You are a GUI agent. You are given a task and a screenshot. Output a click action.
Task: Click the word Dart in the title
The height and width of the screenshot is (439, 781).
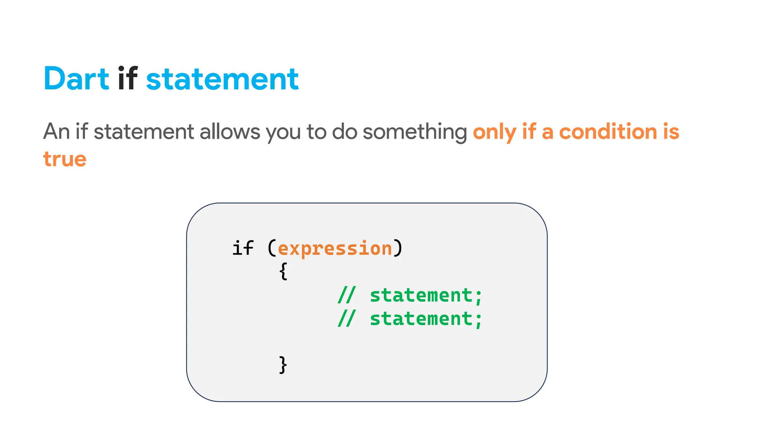coord(76,79)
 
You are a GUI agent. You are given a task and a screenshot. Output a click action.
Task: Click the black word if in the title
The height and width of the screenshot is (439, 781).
coord(127,79)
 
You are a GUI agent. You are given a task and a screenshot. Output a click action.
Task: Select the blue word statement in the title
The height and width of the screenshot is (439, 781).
coord(222,79)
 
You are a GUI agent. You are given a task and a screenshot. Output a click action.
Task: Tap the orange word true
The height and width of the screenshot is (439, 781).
coord(65,159)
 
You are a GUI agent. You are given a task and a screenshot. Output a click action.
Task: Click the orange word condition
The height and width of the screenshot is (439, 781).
coord(608,131)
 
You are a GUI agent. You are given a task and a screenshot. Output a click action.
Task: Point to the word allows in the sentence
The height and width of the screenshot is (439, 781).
coord(230,131)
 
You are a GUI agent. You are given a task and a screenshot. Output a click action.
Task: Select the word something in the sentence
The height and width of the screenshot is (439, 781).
coord(415,132)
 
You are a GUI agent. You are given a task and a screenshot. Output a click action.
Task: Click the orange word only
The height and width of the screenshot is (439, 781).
coord(494,132)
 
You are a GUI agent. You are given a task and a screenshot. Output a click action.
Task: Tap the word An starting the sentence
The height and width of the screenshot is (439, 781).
coord(56,131)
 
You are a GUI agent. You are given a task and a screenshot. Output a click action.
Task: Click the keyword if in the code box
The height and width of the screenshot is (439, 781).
coord(243,248)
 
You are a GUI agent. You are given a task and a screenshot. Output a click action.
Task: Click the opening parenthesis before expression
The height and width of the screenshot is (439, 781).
coord(272,248)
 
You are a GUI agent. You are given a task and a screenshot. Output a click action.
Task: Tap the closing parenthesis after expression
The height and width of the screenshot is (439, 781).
coord(398,248)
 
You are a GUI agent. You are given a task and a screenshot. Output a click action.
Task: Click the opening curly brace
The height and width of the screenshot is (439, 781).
coord(283,272)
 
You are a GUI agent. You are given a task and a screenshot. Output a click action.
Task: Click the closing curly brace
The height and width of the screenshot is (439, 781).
coord(283,365)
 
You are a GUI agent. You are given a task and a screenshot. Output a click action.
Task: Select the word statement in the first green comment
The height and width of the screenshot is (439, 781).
coord(421,295)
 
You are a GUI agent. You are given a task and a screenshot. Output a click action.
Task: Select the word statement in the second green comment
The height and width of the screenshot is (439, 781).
coord(421,319)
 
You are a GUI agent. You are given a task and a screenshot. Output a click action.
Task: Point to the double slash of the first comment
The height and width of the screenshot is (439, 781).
coord(347,295)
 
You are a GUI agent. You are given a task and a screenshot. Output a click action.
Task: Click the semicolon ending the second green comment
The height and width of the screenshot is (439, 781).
coord(478,319)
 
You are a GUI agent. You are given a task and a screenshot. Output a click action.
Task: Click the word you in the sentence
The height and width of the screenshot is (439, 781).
coord(284,132)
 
